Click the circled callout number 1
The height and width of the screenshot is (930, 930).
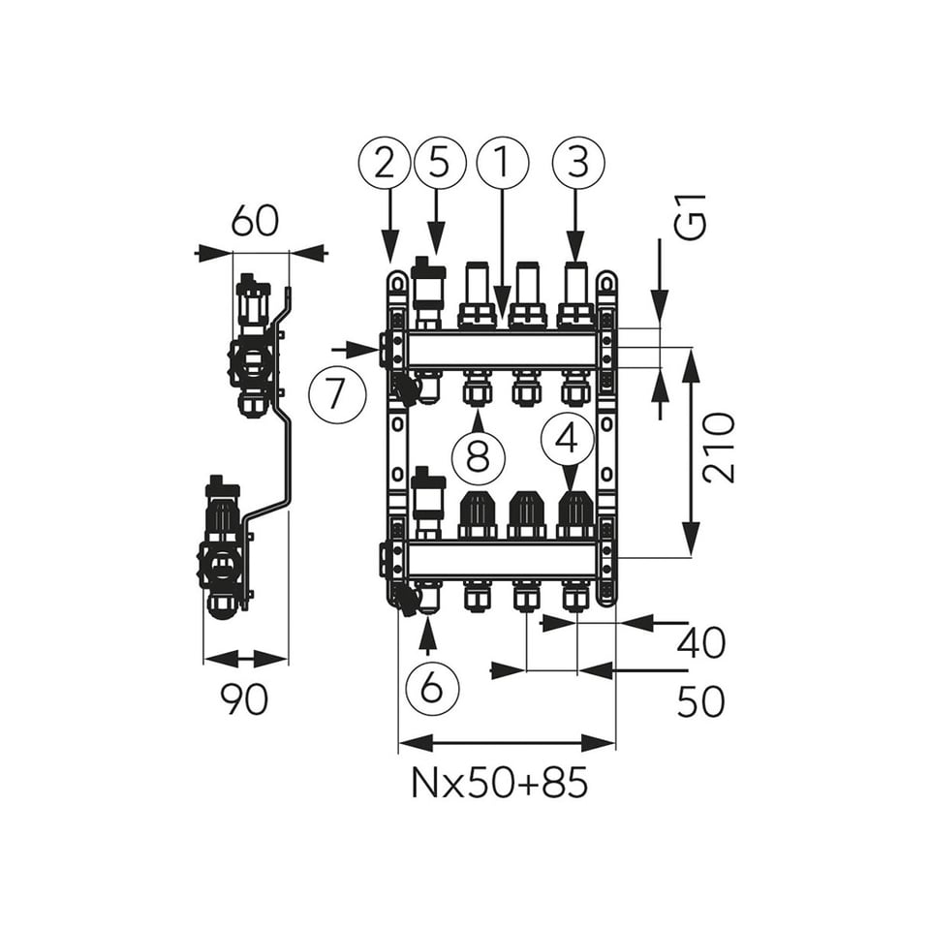coord(502,163)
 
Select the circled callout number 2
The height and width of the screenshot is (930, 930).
coord(385,163)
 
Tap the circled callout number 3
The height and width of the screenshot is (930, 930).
coord(578,163)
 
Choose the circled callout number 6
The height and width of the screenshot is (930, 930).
coord(432,688)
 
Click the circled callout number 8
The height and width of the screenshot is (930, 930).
coord(478,456)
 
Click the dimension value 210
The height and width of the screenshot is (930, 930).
coord(719,449)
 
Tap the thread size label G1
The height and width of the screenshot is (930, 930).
coord(692,217)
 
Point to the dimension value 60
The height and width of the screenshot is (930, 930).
coord(255,221)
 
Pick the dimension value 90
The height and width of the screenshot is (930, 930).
coord(244,699)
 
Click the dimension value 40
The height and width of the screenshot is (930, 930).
coord(701,643)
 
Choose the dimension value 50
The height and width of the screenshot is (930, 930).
coord(701,701)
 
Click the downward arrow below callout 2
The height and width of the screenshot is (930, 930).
coord(389,226)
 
